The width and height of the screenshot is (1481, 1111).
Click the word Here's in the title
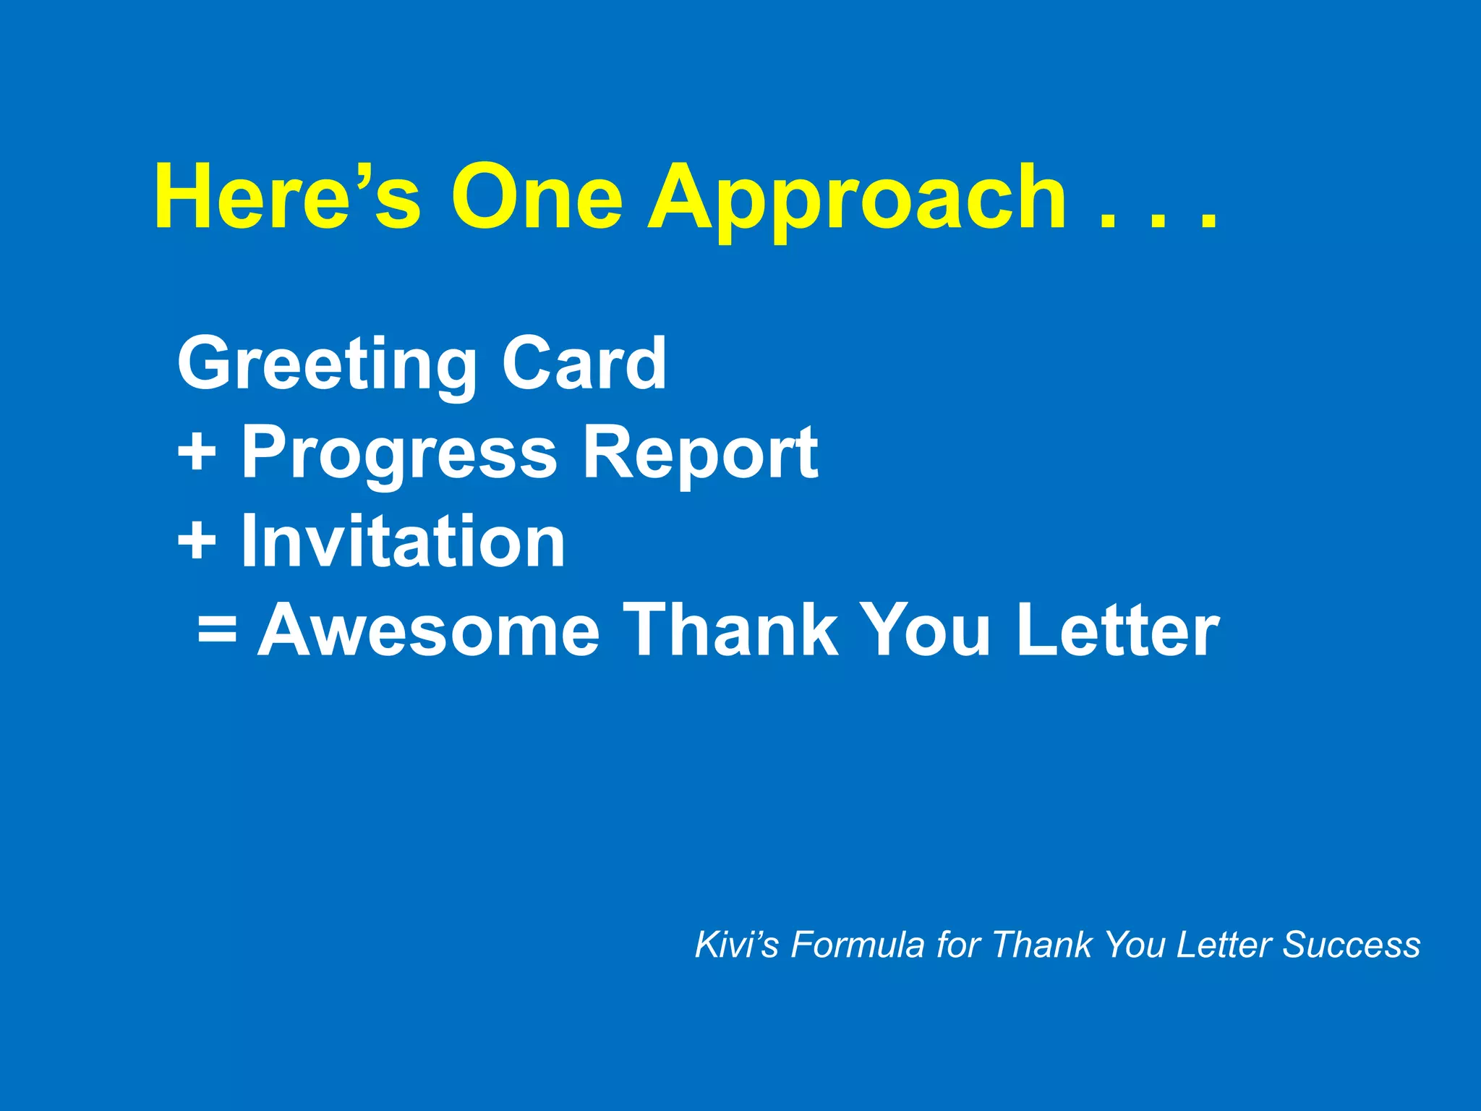coord(287,197)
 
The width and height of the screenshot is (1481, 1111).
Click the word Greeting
coord(327,365)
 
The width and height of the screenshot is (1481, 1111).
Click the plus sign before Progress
coord(197,451)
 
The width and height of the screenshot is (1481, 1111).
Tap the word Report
coord(700,454)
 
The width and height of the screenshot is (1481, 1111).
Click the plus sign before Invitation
coord(197,540)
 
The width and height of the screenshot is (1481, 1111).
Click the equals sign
coord(217,628)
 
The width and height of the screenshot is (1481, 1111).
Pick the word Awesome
coord(429,630)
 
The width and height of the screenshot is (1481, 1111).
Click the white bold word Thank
coord(730,630)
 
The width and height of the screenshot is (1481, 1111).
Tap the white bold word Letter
coord(1118,630)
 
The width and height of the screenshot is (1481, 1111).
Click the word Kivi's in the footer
coord(736,945)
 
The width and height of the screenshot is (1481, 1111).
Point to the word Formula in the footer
coord(857,945)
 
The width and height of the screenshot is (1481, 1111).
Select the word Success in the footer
coord(1351,945)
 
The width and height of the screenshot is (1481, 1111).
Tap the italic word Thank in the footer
coord(1042,945)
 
